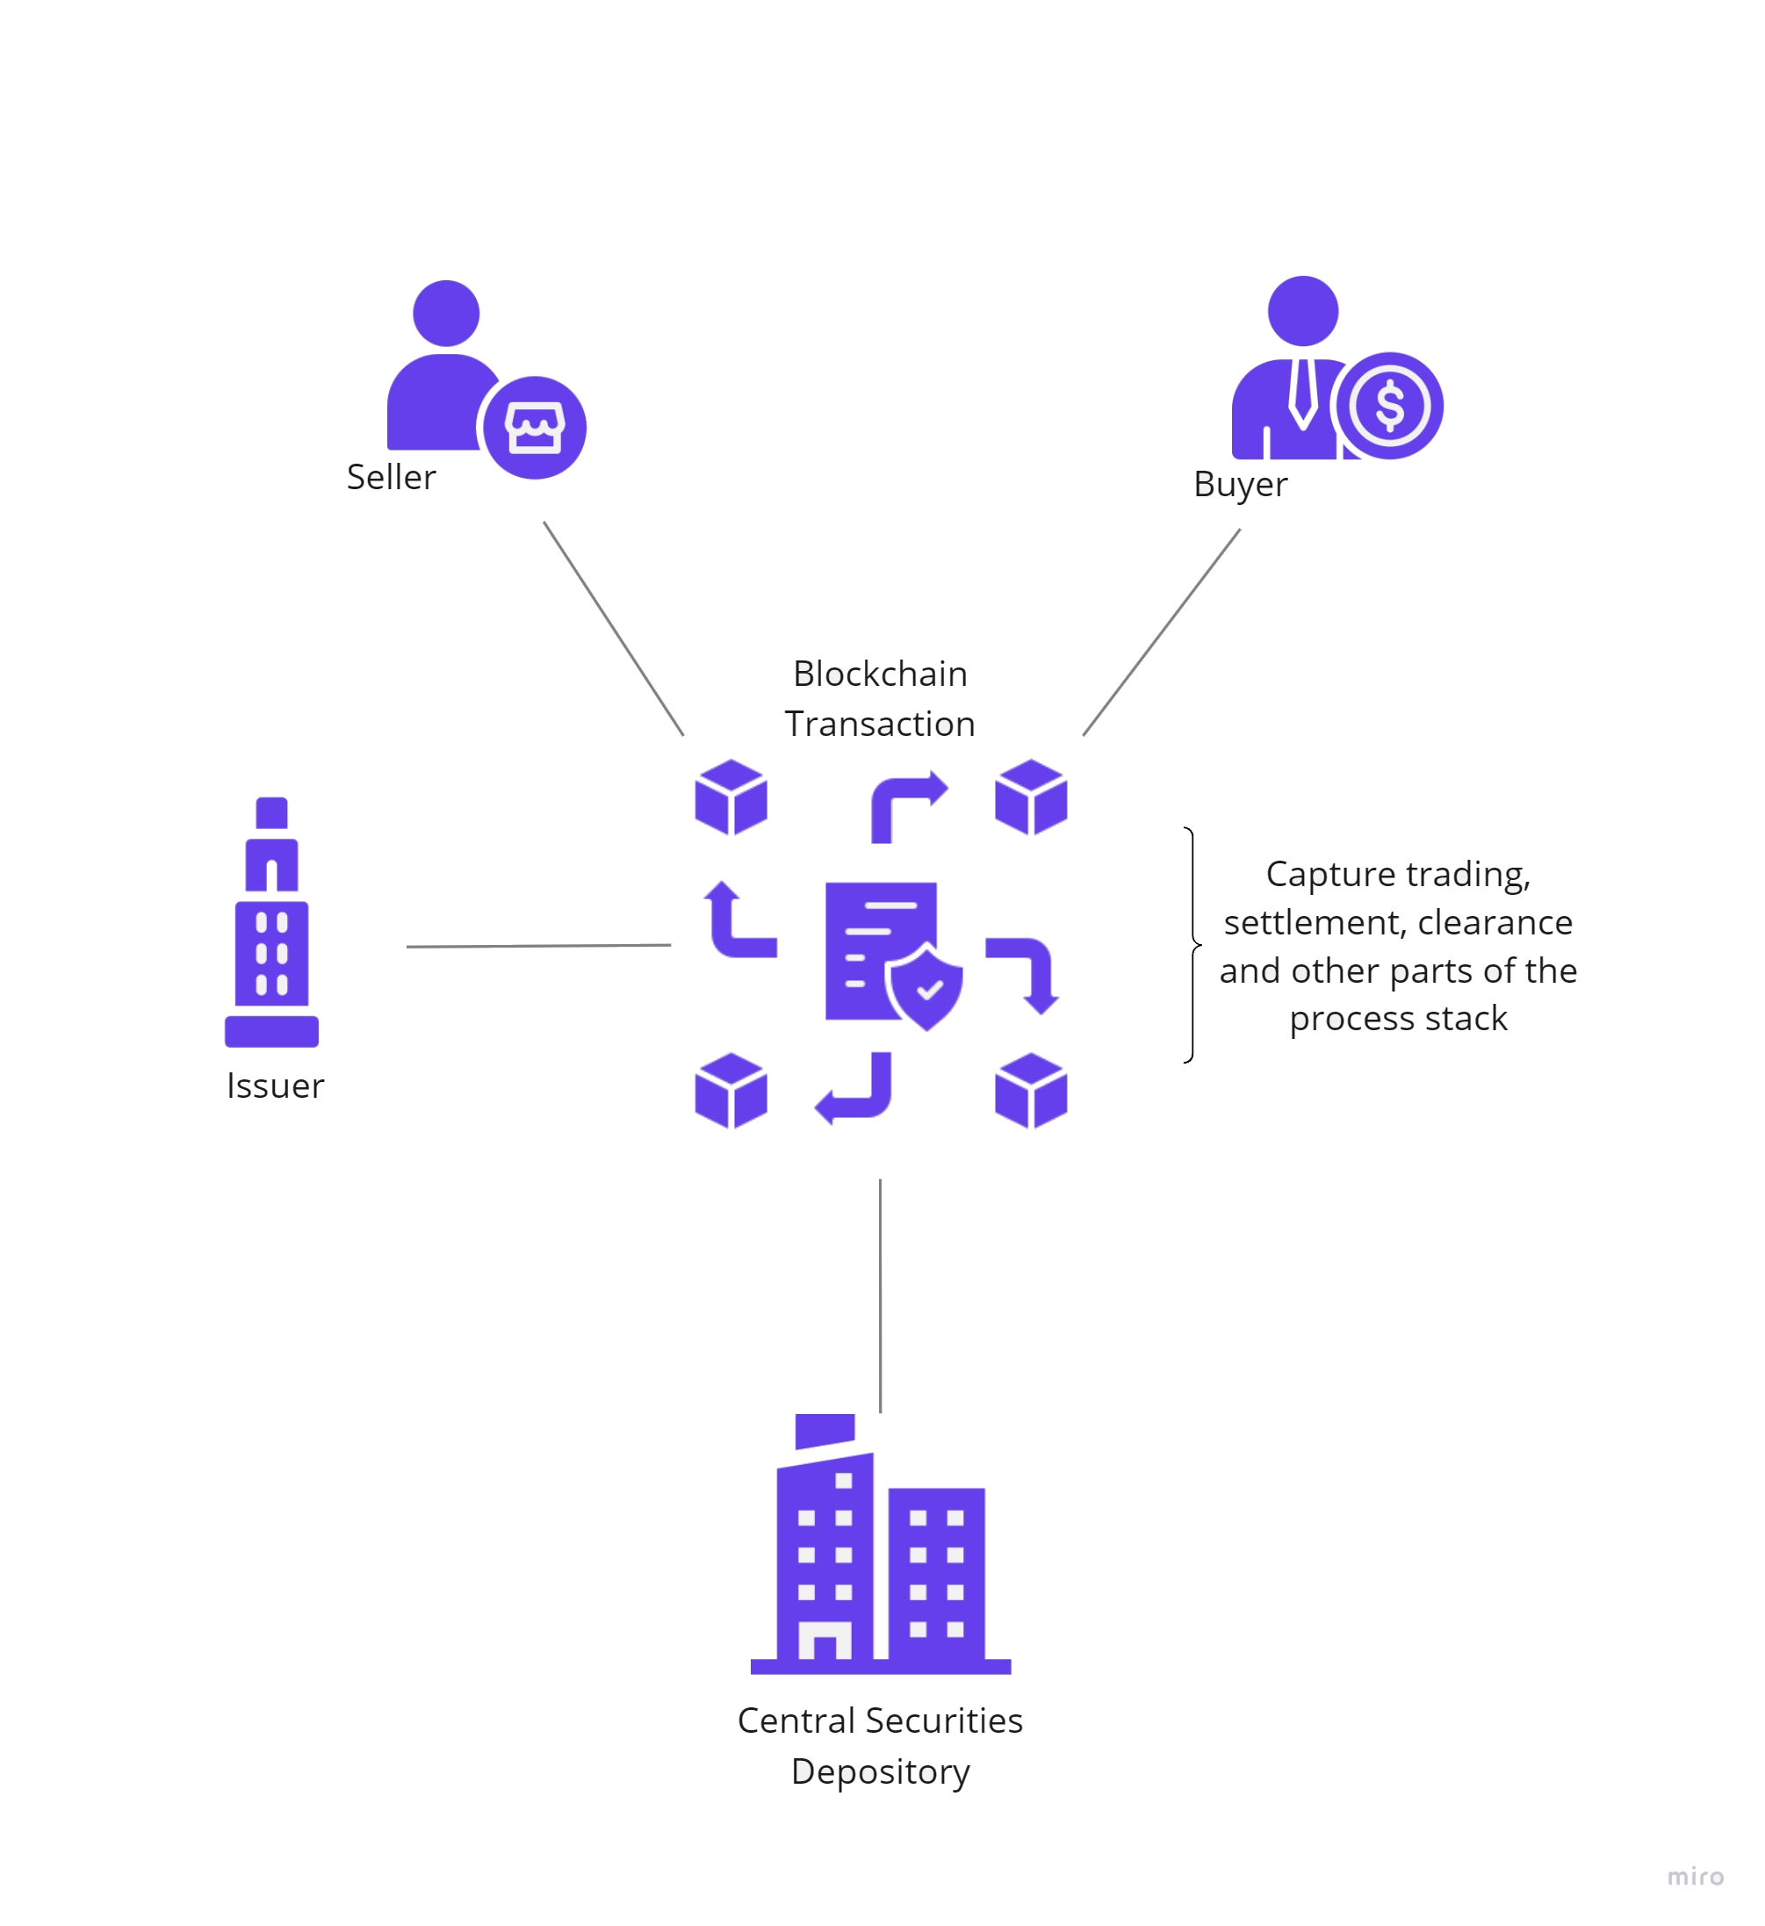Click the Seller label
(x=391, y=477)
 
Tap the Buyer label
(x=1240, y=485)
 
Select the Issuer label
(x=275, y=1086)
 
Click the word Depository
(x=881, y=1771)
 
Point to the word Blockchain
(x=881, y=674)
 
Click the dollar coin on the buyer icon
(x=1390, y=405)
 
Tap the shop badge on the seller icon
(x=534, y=427)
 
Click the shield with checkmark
(x=926, y=990)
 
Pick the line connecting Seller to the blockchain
(x=613, y=628)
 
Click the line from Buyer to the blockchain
(x=1162, y=632)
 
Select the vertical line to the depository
(x=880, y=1295)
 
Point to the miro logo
(x=1696, y=1878)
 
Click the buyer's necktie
(x=1301, y=393)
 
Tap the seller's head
(x=446, y=314)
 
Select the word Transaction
(x=881, y=725)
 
